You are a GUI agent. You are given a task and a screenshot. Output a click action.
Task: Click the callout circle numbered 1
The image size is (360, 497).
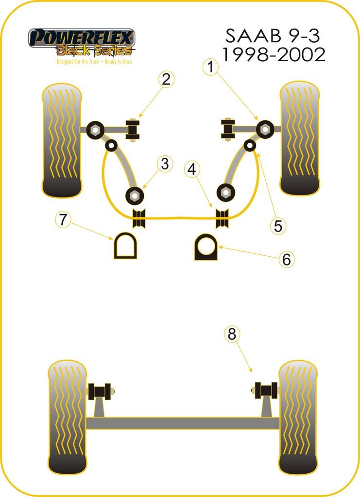[x=210, y=68]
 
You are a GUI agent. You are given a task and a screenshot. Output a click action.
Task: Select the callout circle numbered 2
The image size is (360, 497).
[x=166, y=79]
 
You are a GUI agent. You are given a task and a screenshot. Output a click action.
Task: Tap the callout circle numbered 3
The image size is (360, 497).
[x=165, y=164]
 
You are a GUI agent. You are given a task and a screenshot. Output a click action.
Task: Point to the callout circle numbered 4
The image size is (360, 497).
[x=192, y=169]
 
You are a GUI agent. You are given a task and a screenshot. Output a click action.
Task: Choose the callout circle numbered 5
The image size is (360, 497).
[x=277, y=225]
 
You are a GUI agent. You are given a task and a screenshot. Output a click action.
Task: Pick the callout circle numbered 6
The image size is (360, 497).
[x=287, y=259]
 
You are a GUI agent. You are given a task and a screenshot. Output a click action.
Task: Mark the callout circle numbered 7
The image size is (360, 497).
[x=62, y=219]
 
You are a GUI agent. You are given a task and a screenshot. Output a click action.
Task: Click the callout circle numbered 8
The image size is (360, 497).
[x=232, y=334]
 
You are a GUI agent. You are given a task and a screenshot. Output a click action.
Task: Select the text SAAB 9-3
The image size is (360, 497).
[x=274, y=36]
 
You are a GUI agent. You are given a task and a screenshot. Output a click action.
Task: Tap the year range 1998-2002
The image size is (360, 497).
[x=274, y=55]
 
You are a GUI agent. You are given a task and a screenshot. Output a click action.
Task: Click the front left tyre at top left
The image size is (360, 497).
[x=61, y=141]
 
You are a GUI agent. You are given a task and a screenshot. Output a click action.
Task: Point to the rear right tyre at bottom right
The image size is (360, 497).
[x=298, y=417]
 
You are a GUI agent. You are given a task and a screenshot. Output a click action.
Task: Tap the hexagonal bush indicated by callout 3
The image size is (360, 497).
[x=134, y=196]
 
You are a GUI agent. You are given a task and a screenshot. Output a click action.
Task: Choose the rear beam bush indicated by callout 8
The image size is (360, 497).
[x=267, y=390]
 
